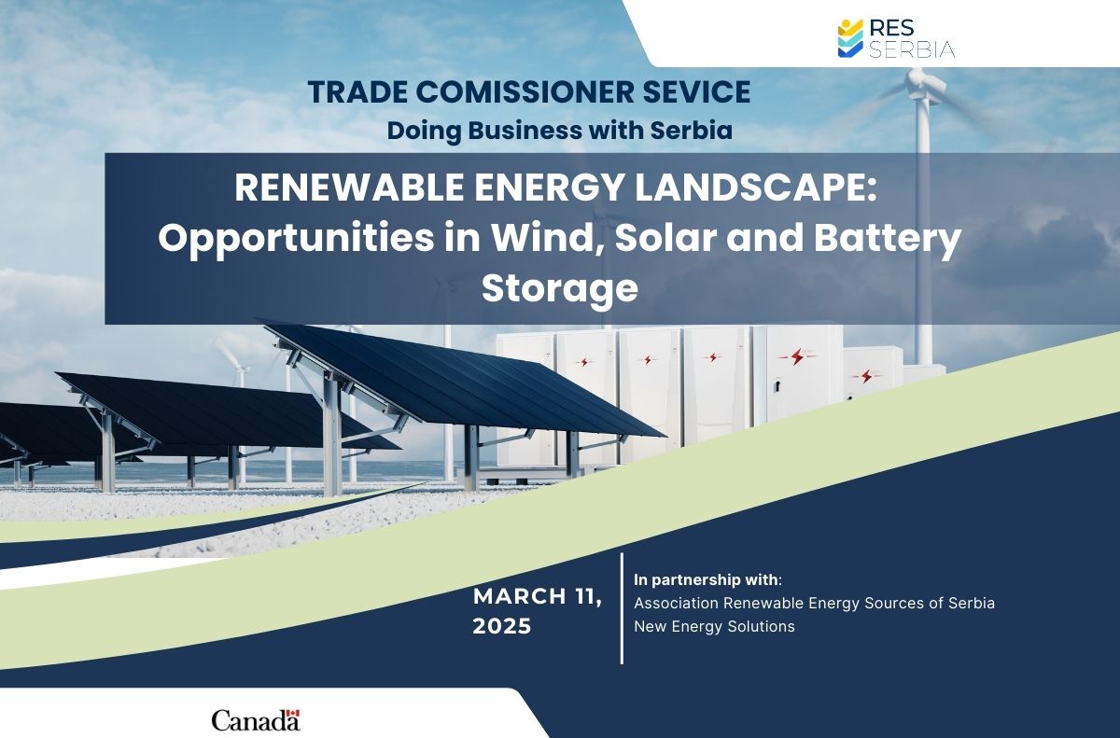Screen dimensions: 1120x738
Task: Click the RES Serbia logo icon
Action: (x=850, y=38)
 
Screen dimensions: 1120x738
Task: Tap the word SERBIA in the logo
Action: (x=912, y=49)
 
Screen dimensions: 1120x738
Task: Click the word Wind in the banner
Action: (x=546, y=238)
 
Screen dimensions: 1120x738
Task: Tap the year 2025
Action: (x=502, y=626)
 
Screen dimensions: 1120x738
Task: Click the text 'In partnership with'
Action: (x=706, y=580)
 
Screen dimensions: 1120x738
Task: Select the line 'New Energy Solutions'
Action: (x=715, y=626)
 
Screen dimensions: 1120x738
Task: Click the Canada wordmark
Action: (x=256, y=720)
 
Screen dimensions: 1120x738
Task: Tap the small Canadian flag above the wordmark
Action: (x=294, y=713)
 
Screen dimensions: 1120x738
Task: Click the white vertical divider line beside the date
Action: (x=622, y=608)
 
